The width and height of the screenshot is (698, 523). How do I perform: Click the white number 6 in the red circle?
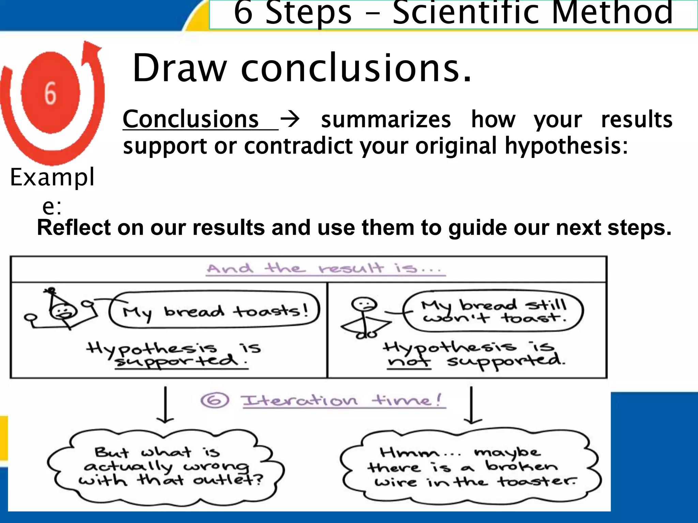pyautogui.click(x=50, y=93)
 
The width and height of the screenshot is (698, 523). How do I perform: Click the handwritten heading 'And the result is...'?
pyautogui.click(x=325, y=269)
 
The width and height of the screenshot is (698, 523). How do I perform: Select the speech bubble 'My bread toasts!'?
pyautogui.click(x=215, y=310)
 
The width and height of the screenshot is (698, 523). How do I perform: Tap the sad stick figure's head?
pyautogui.click(x=364, y=304)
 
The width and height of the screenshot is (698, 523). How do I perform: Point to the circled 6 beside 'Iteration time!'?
pyautogui.click(x=215, y=400)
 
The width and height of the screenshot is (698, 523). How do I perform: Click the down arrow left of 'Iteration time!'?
pyautogui.click(x=165, y=405)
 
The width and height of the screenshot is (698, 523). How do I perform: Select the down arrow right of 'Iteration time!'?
pyautogui.click(x=471, y=405)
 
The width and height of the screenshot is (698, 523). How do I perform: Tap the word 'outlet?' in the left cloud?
pyautogui.click(x=228, y=480)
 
